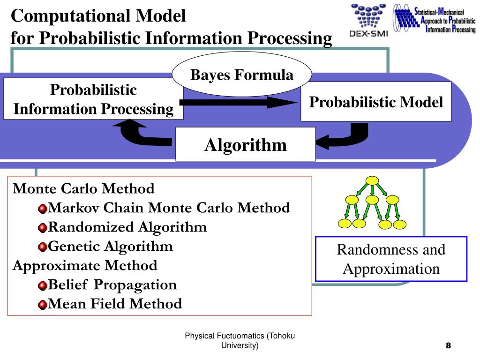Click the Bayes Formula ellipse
(241, 75)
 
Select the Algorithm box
(245, 145)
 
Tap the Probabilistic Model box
(375, 102)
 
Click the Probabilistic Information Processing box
(93, 99)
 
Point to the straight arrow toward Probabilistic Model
(239, 103)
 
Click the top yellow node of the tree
(372, 181)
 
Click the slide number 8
(448, 346)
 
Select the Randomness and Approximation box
(391, 259)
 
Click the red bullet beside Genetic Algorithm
(43, 247)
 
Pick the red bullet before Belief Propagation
(43, 285)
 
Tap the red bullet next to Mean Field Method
(43, 305)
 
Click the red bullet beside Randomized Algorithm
(43, 228)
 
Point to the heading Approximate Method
(85, 265)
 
